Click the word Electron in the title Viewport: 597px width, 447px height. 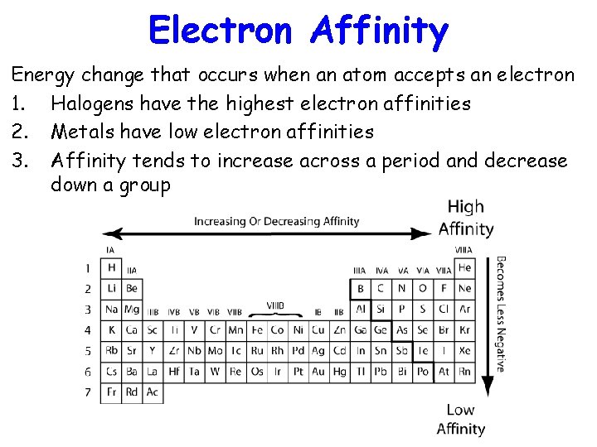[220, 31]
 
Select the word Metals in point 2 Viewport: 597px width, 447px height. [80, 132]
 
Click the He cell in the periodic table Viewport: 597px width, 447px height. [464, 267]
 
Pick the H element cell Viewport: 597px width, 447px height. [111, 267]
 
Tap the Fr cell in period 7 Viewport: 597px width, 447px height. [111, 392]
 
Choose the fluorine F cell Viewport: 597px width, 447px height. [444, 288]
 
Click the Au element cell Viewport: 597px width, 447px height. [318, 372]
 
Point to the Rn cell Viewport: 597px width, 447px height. [464, 372]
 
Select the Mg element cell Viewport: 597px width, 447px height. [132, 310]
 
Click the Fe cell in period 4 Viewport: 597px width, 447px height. [256, 330]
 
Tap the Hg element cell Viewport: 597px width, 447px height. [339, 372]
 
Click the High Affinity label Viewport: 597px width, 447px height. [465, 218]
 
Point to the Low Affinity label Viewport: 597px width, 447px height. [460, 419]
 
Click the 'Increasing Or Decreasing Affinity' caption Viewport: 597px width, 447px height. [277, 221]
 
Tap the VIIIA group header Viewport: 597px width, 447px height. [464, 250]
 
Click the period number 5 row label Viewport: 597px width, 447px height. [88, 351]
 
